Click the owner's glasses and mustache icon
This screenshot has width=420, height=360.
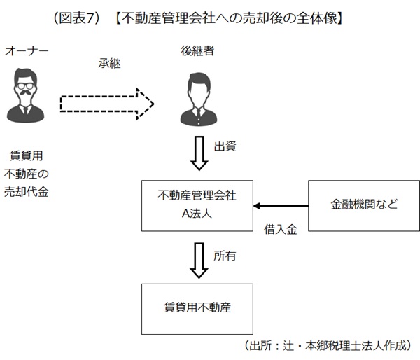coord(26,91)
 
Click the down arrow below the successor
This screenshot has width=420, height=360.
coord(199,154)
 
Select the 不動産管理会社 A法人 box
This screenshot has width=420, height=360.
coord(197,205)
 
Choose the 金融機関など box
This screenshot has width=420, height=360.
coord(364,205)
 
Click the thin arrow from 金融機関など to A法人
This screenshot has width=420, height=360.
coord(281,206)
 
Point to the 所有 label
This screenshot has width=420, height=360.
coord(225,256)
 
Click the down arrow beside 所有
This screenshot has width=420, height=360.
coord(199,260)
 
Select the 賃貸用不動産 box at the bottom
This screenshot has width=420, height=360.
coord(197,308)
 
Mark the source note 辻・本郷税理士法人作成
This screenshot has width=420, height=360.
coord(328,346)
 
